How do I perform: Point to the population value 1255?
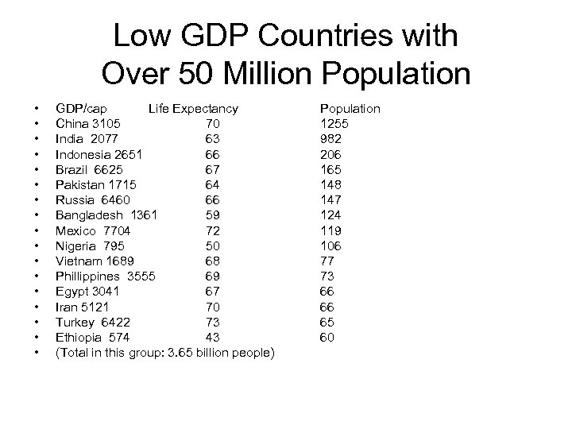(x=334, y=123)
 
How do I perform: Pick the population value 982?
(x=330, y=138)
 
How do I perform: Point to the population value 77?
(x=327, y=261)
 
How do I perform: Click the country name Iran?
(x=66, y=307)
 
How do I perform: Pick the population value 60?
(x=327, y=338)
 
